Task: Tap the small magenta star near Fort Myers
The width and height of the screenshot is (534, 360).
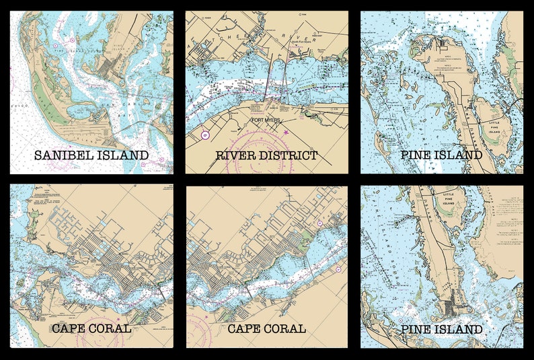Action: [x=285, y=132]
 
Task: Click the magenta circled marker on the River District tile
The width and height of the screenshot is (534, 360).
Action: [x=206, y=135]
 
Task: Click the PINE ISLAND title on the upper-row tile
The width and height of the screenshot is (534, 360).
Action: [x=441, y=155]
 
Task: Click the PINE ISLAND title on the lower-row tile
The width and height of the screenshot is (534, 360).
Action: [x=441, y=329]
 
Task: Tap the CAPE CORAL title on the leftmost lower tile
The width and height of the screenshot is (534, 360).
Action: [x=91, y=329]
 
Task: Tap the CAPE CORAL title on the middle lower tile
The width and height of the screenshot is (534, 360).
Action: [x=267, y=329]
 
